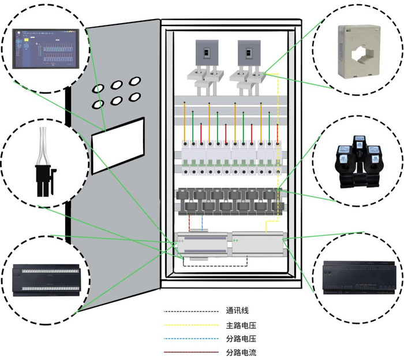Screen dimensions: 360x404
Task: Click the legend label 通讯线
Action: tap(237, 310)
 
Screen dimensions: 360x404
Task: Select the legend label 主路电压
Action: tap(241, 325)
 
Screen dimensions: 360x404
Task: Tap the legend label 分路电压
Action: tap(241, 339)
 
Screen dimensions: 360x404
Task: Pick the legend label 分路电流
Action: tap(241, 352)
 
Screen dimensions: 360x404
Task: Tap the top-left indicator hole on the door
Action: tap(99, 88)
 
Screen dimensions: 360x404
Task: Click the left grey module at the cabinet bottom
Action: tap(203, 244)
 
